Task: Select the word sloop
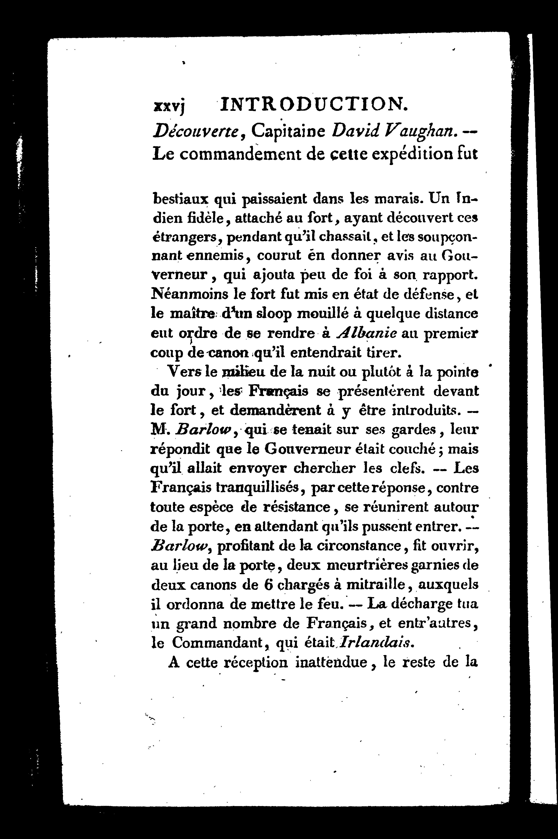pyautogui.click(x=275, y=314)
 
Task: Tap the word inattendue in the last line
pyautogui.click(x=334, y=662)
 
